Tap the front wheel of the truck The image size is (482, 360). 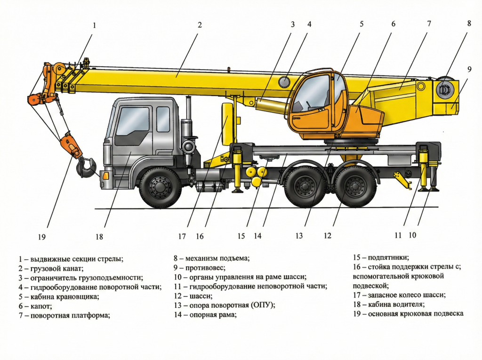coord(160,187)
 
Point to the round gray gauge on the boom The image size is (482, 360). coord(285,82)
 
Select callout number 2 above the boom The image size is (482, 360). coord(200,25)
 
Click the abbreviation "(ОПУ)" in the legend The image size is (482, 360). coord(263,305)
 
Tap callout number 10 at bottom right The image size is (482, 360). coord(412,234)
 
